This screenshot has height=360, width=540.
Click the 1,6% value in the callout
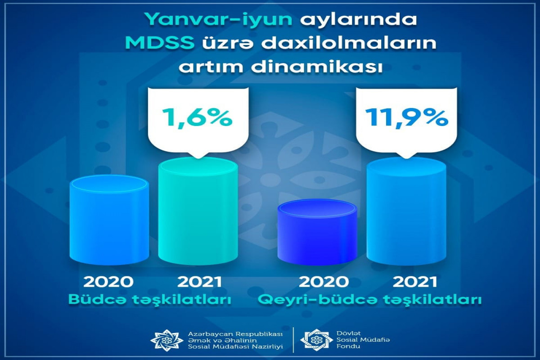point(198,117)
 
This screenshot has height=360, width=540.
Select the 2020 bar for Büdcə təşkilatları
point(109,220)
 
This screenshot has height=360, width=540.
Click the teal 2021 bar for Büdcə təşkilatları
point(198,211)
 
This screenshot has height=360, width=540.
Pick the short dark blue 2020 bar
point(317,232)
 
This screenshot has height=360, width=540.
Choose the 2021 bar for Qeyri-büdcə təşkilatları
point(406,211)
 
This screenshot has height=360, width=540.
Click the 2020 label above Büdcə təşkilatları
point(108,282)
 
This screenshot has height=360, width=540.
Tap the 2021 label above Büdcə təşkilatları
point(200,282)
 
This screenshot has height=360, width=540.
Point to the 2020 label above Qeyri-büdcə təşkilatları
point(324,282)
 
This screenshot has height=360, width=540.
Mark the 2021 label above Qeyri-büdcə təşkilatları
point(415,282)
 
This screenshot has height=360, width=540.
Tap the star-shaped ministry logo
point(167,340)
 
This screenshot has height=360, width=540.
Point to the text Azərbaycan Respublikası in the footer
point(235,334)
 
